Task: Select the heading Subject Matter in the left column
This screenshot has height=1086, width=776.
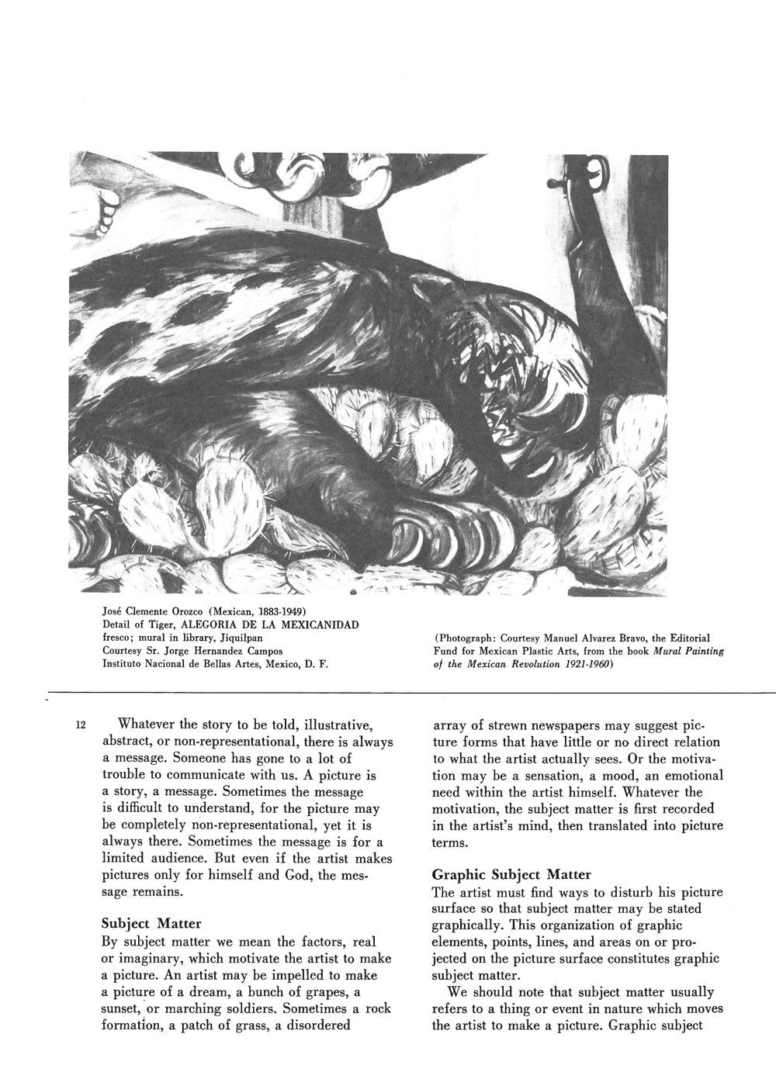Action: pos(151,923)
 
